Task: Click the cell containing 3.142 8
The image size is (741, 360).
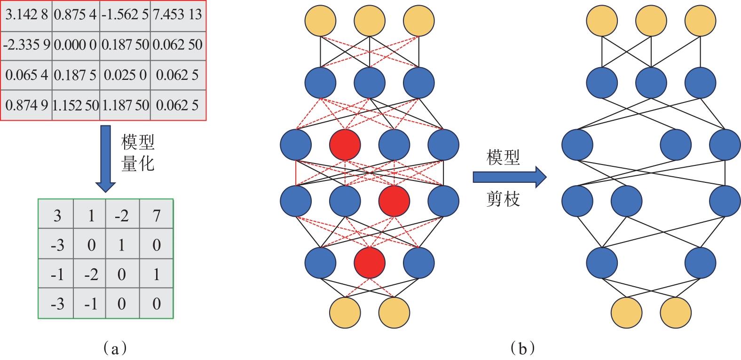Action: pos(27,15)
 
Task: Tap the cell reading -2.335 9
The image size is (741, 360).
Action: pos(27,45)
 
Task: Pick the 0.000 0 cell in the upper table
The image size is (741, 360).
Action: pos(75,45)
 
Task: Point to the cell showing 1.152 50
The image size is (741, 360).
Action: pos(75,105)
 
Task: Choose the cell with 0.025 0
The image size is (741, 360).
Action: pos(125,75)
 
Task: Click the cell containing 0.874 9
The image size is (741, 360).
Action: pos(27,105)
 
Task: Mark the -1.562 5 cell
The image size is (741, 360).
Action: pos(125,15)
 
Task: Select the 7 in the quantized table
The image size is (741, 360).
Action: pos(157,215)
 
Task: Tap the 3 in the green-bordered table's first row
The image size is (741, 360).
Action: pos(57,215)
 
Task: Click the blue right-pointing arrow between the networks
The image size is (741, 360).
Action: pos(509,177)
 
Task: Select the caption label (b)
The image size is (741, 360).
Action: pos(522,348)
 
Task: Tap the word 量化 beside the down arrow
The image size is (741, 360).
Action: pos(138,163)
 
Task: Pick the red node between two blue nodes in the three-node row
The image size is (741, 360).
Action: pos(370,262)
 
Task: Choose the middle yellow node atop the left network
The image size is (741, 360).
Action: pos(369,21)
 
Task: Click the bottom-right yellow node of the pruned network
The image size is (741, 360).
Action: pos(676,312)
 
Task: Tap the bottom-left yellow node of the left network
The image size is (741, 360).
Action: pos(345,312)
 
